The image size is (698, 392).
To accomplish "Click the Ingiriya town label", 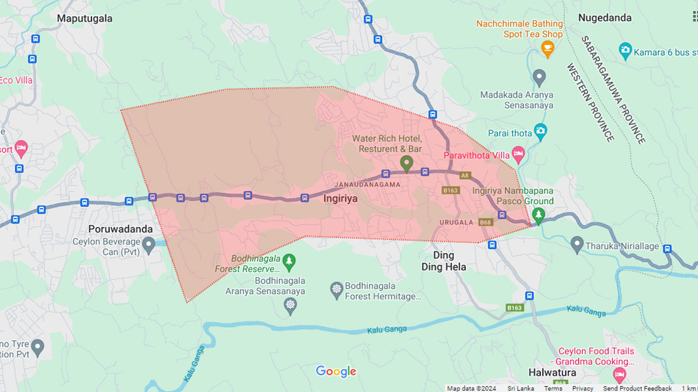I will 340,199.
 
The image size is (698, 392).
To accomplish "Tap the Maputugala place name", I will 85,19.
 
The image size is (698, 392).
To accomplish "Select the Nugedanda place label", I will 605,18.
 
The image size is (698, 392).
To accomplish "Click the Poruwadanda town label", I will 121,229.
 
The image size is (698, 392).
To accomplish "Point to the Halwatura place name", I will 552,373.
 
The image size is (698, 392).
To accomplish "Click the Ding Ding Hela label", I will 443,261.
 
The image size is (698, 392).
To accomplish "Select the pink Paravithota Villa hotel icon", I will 518,155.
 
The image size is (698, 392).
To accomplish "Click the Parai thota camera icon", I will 540,131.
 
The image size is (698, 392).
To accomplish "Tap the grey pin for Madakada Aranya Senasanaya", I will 539,77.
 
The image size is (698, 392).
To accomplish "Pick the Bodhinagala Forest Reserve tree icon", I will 289,262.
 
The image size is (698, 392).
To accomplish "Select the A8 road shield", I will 465,175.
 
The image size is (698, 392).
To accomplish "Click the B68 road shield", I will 485,222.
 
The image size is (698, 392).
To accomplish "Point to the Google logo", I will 336,372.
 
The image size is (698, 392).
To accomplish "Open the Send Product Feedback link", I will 637,388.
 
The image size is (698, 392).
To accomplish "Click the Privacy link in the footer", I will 582,388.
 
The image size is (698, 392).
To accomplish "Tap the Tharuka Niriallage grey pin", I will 577,245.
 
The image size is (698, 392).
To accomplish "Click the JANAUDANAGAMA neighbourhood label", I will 367,185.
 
